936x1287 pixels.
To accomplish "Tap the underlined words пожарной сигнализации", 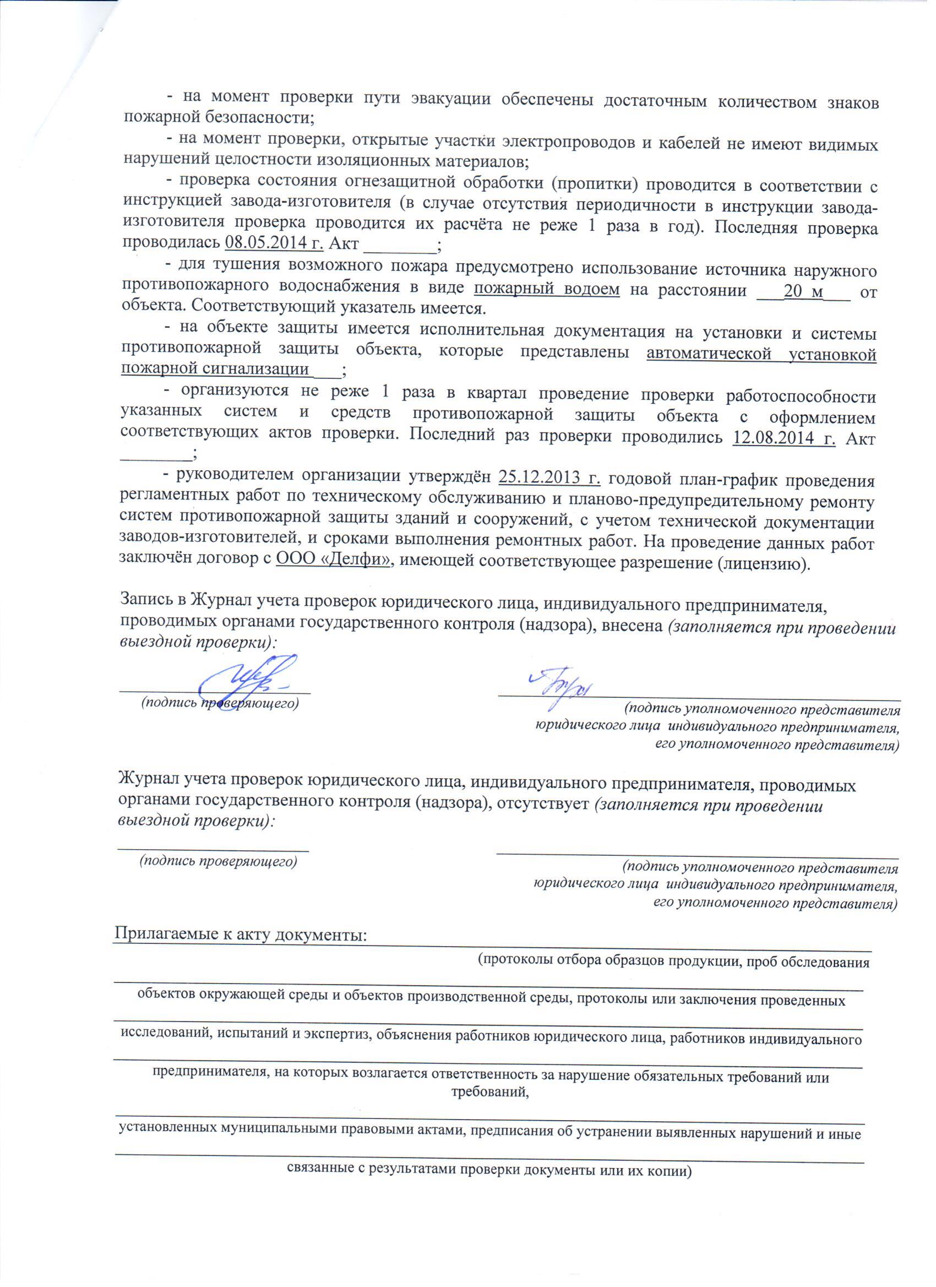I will pos(216,370).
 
